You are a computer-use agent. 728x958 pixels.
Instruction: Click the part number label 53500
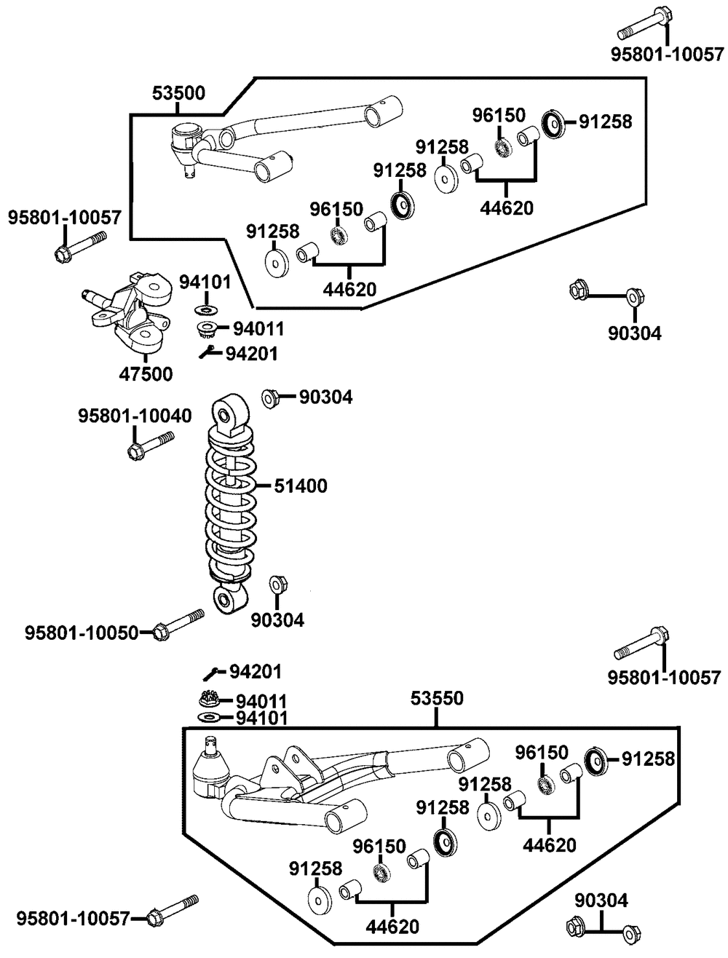178,93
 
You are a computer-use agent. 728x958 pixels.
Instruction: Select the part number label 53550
437,699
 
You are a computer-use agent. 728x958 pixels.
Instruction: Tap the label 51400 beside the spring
301,486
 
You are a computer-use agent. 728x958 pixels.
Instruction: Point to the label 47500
146,374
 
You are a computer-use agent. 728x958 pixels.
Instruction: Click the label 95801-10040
135,416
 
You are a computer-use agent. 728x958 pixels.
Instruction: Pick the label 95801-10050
82,633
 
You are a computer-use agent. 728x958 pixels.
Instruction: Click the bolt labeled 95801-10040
151,446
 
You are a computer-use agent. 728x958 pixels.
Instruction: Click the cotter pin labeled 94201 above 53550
211,674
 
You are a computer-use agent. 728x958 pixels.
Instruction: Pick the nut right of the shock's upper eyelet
270,398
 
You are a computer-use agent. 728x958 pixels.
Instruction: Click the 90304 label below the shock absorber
277,620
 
